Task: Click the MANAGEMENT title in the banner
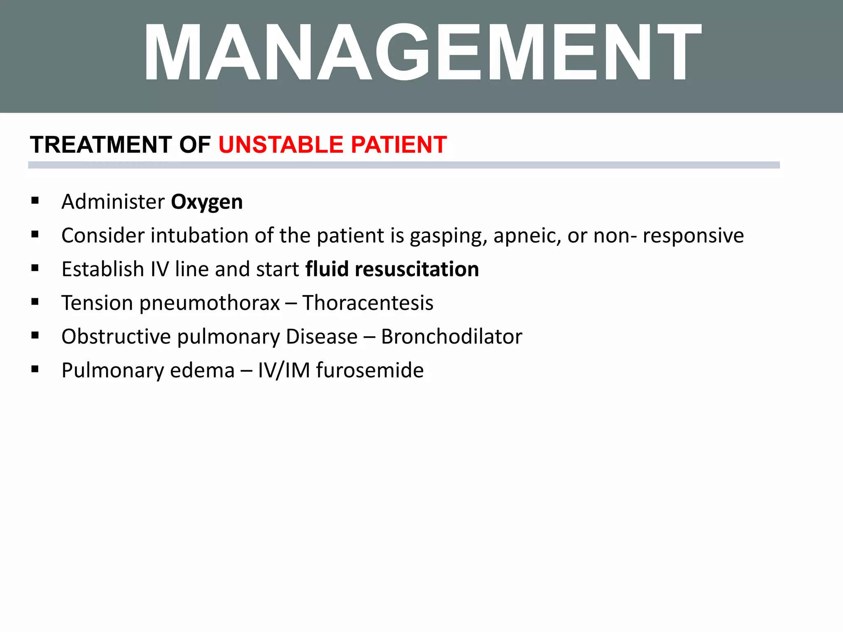click(422, 53)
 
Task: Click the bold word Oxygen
click(207, 202)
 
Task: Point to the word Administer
click(113, 202)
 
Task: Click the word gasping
click(448, 236)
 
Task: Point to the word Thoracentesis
click(368, 303)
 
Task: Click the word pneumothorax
click(210, 303)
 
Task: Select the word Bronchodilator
click(452, 337)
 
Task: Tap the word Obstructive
click(116, 337)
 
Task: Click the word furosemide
click(370, 370)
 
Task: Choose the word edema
click(202, 370)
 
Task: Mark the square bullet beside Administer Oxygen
click(35, 201)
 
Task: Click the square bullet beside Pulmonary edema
click(35, 369)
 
